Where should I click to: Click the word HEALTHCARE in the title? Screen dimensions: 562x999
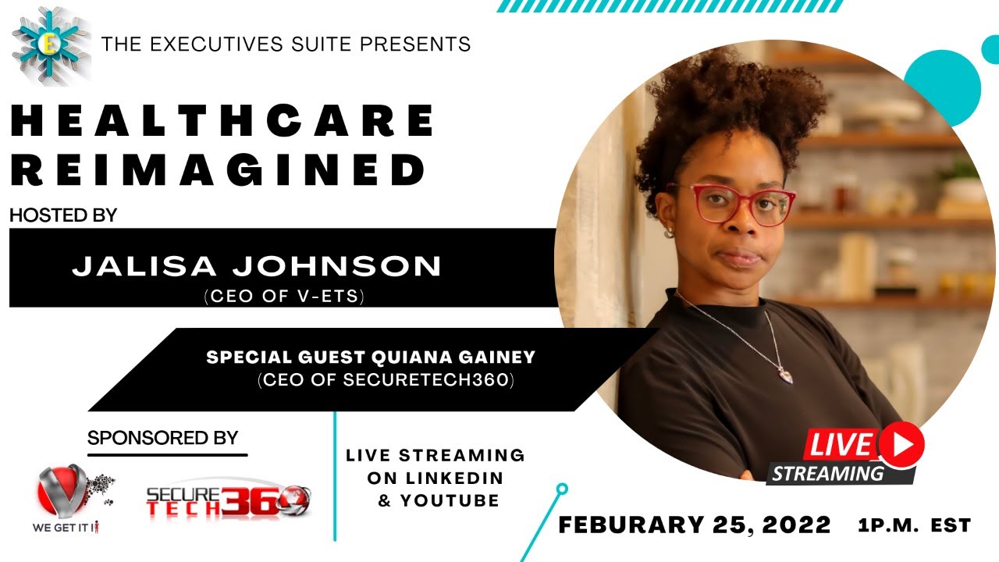[x=222, y=122]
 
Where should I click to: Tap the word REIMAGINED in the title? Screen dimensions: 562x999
[x=219, y=169]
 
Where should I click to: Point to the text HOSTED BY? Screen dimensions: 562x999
[x=63, y=215]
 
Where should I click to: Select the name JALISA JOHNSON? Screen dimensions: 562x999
[x=257, y=267]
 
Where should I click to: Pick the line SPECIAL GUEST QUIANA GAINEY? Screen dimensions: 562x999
[x=371, y=357]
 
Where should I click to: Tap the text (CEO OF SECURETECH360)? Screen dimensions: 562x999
[x=386, y=382]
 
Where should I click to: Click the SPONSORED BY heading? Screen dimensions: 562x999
[x=163, y=438]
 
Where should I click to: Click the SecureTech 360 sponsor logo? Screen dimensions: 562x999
[x=228, y=500]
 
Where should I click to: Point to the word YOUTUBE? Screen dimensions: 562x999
[x=450, y=500]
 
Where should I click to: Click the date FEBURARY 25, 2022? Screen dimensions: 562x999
[x=695, y=525]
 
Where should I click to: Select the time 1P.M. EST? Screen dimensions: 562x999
[x=914, y=525]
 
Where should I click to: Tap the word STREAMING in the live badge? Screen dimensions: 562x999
[x=828, y=473]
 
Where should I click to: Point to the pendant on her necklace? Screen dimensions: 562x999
[x=786, y=374]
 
